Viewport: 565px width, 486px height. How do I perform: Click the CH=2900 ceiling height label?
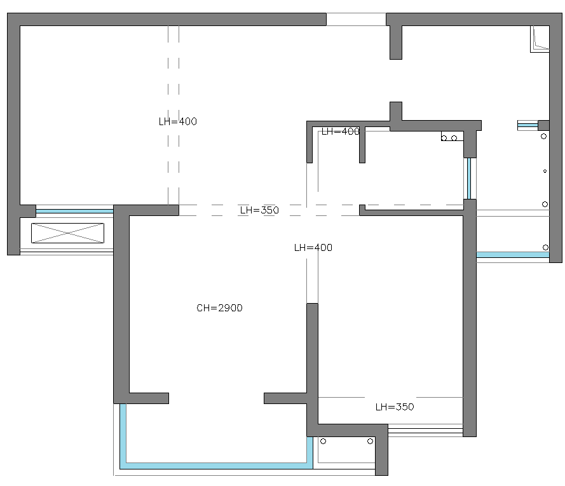click(219, 308)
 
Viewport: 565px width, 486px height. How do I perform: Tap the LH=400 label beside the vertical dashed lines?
click(178, 121)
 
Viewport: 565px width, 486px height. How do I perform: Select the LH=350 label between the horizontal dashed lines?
click(259, 210)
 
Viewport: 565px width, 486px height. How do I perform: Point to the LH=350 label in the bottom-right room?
click(395, 407)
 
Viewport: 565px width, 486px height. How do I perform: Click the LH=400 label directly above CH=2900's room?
click(313, 248)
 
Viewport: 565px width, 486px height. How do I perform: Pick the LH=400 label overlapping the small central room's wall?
click(341, 132)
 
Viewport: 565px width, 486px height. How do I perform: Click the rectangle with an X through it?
click(68, 233)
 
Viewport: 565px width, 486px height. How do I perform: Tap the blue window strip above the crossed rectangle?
click(74, 212)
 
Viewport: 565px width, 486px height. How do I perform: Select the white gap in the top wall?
click(356, 20)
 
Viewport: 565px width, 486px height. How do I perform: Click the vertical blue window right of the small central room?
click(469, 179)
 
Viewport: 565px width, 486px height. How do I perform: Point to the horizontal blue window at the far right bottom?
click(513, 255)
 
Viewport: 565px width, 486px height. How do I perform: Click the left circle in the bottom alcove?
click(323, 442)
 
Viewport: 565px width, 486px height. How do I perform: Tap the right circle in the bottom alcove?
click(370, 442)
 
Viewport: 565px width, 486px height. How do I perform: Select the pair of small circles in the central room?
click(449, 138)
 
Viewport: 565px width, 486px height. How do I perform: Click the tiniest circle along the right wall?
click(545, 171)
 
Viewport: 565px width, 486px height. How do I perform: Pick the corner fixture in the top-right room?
click(540, 39)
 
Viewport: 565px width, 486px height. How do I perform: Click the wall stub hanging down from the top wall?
click(396, 42)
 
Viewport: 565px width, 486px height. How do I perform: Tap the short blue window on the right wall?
click(528, 125)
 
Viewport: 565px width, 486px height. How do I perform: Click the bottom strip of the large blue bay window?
click(216, 466)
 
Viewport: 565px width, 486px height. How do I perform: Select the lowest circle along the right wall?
click(545, 248)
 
